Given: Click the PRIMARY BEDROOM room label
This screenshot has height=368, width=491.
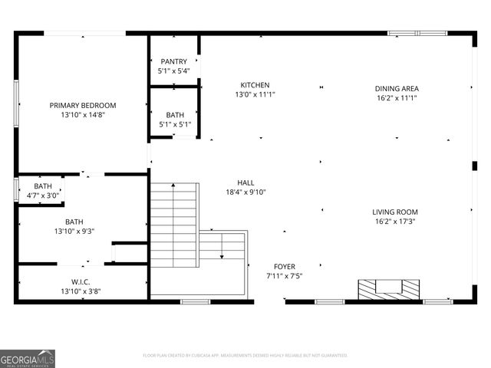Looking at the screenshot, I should pyautogui.click(x=83, y=106).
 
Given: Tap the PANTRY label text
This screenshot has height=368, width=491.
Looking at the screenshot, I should pyautogui.click(x=173, y=61).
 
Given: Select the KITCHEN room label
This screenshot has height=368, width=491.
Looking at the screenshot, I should pyautogui.click(x=255, y=85).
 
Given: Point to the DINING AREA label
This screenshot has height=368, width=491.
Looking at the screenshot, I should pyautogui.click(x=397, y=88).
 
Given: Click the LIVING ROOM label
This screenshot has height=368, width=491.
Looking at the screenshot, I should pyautogui.click(x=395, y=212).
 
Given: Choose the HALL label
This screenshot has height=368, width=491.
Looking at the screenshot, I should pyautogui.click(x=245, y=182).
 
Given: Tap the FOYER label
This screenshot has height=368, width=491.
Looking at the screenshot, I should pyautogui.click(x=284, y=266).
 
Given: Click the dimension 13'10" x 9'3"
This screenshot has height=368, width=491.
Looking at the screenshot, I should pyautogui.click(x=74, y=231).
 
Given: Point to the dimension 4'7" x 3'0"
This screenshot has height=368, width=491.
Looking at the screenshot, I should pyautogui.click(x=43, y=195).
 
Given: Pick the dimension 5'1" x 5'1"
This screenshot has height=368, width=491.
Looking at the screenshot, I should pyautogui.click(x=175, y=124).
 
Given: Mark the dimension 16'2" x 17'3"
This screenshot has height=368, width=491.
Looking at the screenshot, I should pyautogui.click(x=395, y=222).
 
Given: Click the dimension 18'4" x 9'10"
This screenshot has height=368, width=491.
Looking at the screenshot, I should pyautogui.click(x=245, y=192).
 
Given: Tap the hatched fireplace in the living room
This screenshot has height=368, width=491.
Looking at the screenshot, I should pyautogui.click(x=389, y=289).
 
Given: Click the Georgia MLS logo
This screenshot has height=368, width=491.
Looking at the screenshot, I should pyautogui.click(x=28, y=358).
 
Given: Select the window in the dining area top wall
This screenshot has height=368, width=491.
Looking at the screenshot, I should pyautogui.click(x=417, y=33).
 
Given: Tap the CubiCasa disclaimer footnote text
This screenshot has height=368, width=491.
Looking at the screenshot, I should pyautogui.click(x=245, y=356).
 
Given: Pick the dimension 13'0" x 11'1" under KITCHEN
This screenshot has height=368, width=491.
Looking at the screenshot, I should pyautogui.click(x=255, y=94).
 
